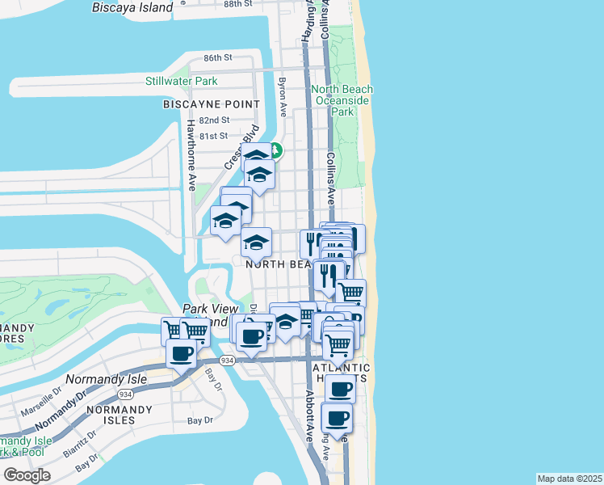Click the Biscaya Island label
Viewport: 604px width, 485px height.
(x=133, y=7)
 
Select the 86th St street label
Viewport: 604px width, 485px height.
(x=218, y=58)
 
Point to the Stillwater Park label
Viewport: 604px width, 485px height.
(x=182, y=81)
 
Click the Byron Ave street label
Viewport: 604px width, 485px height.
(x=282, y=95)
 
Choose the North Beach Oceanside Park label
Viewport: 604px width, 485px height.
(x=342, y=100)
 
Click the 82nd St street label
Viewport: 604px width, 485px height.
(x=214, y=120)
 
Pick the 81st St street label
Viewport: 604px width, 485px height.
(x=214, y=136)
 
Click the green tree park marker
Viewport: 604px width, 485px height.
(x=275, y=150)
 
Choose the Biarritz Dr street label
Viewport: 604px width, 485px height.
(x=82, y=444)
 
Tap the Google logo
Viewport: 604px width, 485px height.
(x=27, y=474)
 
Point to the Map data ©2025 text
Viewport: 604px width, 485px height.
(x=570, y=479)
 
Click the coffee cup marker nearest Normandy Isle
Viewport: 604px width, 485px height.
(x=181, y=353)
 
